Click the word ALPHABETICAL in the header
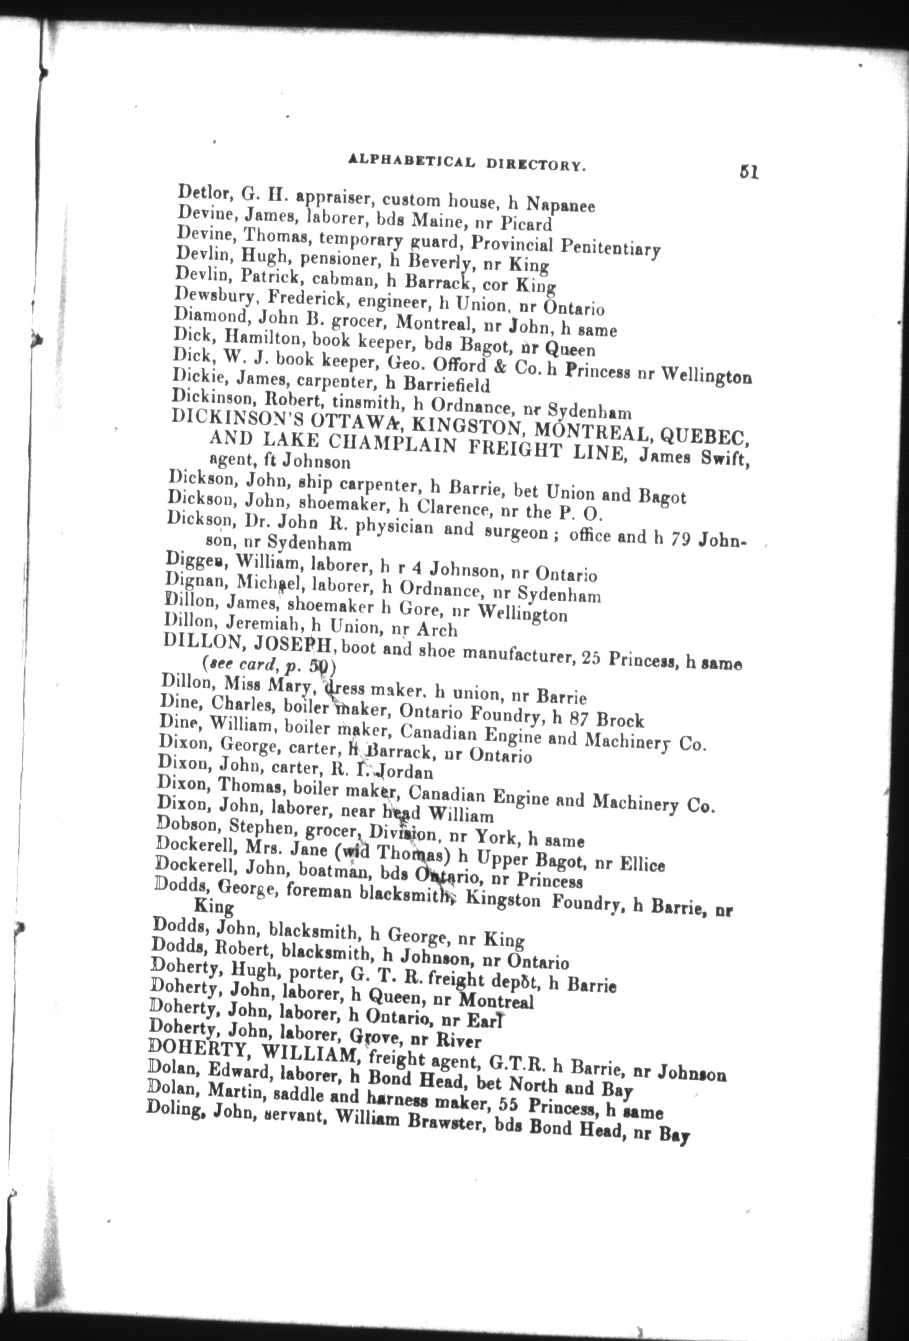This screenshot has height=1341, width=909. point(412,161)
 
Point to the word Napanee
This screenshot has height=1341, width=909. point(561,205)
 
